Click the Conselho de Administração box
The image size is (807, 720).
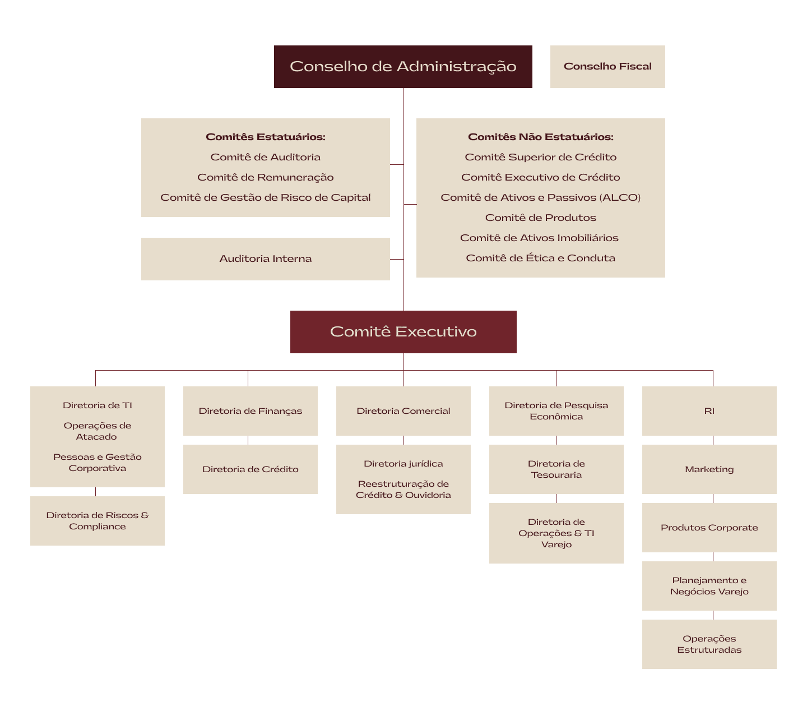[x=403, y=67]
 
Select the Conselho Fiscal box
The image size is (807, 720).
[x=607, y=67]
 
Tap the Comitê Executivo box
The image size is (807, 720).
[x=403, y=332]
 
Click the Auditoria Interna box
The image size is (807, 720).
[x=265, y=259]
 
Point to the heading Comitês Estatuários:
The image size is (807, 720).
[x=265, y=137]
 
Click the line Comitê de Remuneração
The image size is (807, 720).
[x=265, y=177]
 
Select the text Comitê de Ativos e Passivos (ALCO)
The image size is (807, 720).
[x=540, y=197]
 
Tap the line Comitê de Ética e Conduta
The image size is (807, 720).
[x=540, y=258]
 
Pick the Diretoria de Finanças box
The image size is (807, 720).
[x=250, y=411]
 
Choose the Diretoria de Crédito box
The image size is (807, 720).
[x=250, y=469]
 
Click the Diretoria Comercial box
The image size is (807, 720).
[x=403, y=411]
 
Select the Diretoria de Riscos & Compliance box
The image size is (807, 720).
[x=98, y=521]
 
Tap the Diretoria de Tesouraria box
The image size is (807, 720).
[x=556, y=469]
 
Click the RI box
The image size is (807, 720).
[x=709, y=411]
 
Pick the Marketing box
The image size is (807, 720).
[x=709, y=469]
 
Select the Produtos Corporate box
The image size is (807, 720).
[x=709, y=528]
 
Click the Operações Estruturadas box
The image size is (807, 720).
[x=709, y=644]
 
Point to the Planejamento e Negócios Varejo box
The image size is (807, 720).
[x=709, y=586]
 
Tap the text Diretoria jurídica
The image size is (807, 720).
[x=403, y=464]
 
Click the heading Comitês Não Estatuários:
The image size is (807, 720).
[x=540, y=137]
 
